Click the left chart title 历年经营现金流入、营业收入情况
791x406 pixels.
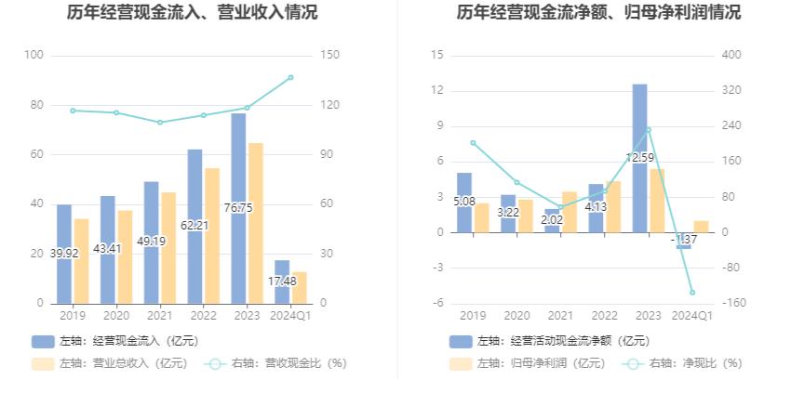pos(193,13)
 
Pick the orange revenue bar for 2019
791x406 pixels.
pos(82,261)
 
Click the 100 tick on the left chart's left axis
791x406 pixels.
pos(34,56)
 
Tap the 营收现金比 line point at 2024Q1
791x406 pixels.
pos(290,77)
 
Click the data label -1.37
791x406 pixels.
pos(685,240)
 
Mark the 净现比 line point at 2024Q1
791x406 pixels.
pos(692,293)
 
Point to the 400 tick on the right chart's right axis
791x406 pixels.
pos(731,56)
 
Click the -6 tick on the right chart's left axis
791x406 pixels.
pos(436,304)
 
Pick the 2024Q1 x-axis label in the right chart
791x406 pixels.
pos(692,316)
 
